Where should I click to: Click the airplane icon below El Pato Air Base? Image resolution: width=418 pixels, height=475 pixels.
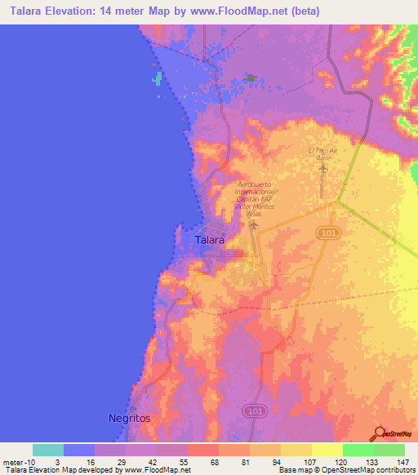point(322,169)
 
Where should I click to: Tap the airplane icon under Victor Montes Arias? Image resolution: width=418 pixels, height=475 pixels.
point(255,224)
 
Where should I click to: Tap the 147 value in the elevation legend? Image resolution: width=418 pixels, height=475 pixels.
point(403,461)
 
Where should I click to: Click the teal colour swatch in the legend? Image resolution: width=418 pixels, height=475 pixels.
point(48,450)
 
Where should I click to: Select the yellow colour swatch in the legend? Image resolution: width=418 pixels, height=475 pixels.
point(327,450)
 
